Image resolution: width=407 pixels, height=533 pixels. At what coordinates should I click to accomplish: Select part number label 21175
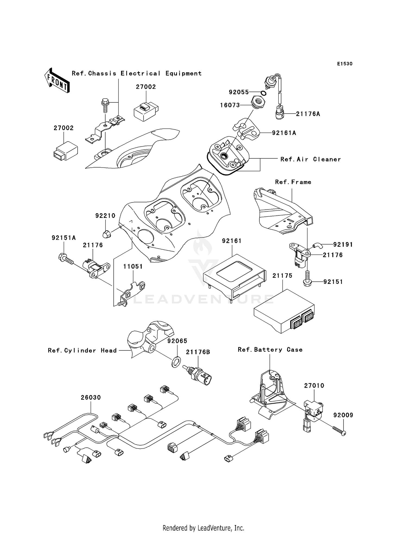pyautogui.click(x=282, y=275)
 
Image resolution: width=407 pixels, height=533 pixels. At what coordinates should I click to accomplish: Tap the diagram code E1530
pyautogui.click(x=345, y=64)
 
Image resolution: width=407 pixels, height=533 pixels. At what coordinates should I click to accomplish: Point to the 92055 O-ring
pyautogui.click(x=263, y=93)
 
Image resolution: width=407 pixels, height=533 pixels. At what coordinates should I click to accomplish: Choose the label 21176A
pyautogui.click(x=308, y=114)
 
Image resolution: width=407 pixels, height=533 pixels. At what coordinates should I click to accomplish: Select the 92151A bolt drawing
pyautogui.click(x=66, y=258)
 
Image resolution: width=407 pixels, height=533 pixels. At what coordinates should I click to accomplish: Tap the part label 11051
pyautogui.click(x=133, y=266)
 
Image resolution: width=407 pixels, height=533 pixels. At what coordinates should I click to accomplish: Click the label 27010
pyautogui.click(x=314, y=385)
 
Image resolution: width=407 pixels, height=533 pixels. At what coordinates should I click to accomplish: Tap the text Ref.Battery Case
pyautogui.click(x=270, y=350)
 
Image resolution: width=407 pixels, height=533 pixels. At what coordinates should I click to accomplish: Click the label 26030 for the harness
pyautogui.click(x=91, y=397)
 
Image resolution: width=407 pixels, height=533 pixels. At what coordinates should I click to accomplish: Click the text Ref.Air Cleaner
pyautogui.click(x=310, y=159)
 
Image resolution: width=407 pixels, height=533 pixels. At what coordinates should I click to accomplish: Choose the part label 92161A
pyautogui.click(x=284, y=133)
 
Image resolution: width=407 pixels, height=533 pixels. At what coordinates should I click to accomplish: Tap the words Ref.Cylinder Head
pyautogui.click(x=82, y=350)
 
